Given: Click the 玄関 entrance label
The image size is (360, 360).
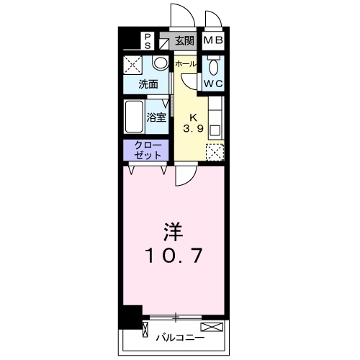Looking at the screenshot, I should pyautogui.click(x=184, y=41).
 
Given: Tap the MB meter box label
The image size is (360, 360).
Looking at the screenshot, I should pyautogui.click(x=213, y=41).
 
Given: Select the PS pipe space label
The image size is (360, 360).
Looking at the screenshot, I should pyautogui.click(x=148, y=40).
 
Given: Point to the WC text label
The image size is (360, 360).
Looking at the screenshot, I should pyautogui.click(x=213, y=84).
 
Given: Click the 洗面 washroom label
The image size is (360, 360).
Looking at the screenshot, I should pyautogui.click(x=148, y=84).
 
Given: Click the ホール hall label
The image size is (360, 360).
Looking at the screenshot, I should pyautogui.click(x=185, y=63).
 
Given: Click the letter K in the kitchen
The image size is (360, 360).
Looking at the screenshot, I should pyautogui.click(x=193, y=117).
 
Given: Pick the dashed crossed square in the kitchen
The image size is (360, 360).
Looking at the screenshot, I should pyautogui.click(x=215, y=151).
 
